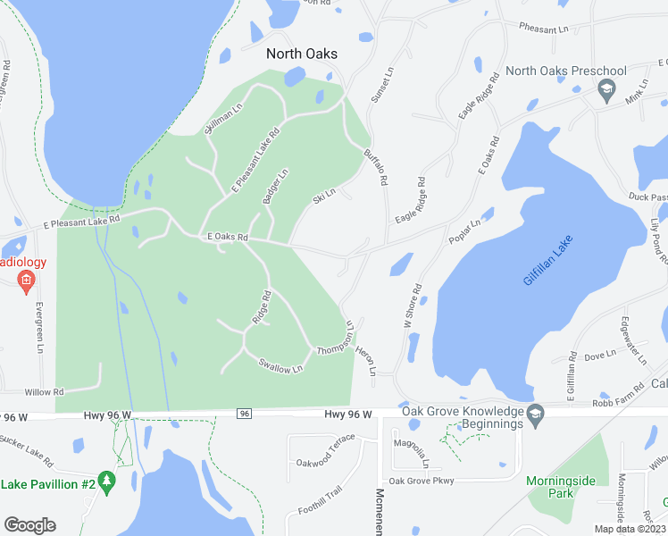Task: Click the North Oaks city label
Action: pyautogui.click(x=302, y=54)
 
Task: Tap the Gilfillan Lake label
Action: pyautogui.click(x=547, y=260)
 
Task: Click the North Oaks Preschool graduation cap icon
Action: pyautogui.click(x=605, y=88)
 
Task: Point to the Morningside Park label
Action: pyautogui.click(x=561, y=487)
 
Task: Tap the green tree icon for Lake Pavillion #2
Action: pyautogui.click(x=107, y=483)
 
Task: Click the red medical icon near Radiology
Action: pyautogui.click(x=26, y=282)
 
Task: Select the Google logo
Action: pyautogui.click(x=29, y=524)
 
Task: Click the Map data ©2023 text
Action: pyautogui.click(x=629, y=529)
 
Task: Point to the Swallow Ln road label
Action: pyautogui.click(x=280, y=365)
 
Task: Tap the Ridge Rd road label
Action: pyautogui.click(x=261, y=306)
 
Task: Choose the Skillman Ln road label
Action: pyautogui.click(x=223, y=120)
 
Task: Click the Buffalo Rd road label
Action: pyautogui.click(x=375, y=166)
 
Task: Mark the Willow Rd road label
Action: pyautogui.click(x=45, y=392)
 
